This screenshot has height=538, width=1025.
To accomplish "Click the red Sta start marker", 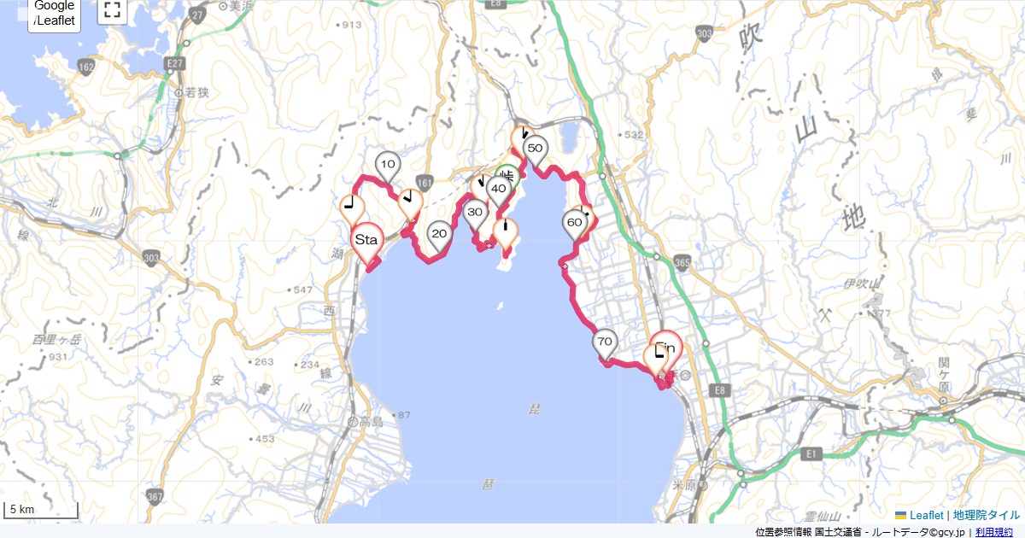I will tap(366, 238).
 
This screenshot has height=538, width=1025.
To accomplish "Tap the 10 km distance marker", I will tap(388, 164).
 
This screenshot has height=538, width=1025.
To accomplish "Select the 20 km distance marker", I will tap(439, 233).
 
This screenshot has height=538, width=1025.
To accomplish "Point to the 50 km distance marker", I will tap(535, 149).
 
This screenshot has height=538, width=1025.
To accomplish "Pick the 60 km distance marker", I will tap(575, 223).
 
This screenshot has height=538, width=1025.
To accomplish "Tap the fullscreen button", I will tap(112, 10).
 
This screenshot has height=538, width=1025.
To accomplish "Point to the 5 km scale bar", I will tap(41, 510).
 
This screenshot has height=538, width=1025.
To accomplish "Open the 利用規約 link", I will tap(996, 532).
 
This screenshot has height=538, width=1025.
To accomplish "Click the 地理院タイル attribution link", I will tap(987, 515).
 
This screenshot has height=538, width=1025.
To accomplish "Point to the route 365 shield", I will tap(681, 262).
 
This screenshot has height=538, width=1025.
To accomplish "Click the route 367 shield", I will tap(155, 496).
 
